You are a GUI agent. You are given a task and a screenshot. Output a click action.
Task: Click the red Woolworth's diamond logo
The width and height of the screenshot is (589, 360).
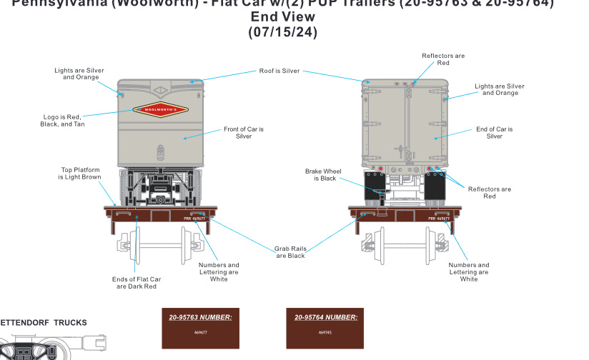[x=160, y=110]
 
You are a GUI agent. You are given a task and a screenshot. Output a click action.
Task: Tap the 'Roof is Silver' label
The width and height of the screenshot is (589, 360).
[x=279, y=71]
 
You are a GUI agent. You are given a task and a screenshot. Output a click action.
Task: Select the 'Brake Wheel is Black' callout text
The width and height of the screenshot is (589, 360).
[x=323, y=175]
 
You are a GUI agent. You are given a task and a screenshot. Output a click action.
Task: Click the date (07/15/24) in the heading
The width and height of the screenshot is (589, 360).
[x=282, y=32]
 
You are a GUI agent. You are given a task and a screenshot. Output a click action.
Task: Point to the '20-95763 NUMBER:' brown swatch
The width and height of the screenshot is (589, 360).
[x=200, y=328]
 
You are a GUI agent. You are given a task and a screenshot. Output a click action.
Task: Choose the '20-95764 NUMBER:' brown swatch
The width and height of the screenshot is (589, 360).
[x=325, y=328]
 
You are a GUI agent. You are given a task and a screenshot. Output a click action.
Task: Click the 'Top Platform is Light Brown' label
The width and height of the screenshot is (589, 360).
[x=80, y=174]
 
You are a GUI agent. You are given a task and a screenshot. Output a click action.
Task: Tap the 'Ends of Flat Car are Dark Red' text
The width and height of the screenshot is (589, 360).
[x=137, y=282]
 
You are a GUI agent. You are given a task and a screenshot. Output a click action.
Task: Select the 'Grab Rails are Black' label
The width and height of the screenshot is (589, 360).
[x=290, y=252]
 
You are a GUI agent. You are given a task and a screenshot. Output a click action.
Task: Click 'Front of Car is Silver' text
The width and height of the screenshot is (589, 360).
[x=244, y=133]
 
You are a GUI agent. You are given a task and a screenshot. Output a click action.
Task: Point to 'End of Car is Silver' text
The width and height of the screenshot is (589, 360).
[x=495, y=133]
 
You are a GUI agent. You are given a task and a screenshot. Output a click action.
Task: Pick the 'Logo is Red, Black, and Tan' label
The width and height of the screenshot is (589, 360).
[x=62, y=121]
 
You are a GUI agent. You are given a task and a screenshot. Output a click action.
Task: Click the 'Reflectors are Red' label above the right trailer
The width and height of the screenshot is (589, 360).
[x=443, y=59]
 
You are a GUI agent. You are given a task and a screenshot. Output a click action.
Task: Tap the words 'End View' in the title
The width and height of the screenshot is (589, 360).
[x=282, y=17]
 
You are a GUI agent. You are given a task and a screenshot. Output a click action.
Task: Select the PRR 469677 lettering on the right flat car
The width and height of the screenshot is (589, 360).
[x=439, y=219]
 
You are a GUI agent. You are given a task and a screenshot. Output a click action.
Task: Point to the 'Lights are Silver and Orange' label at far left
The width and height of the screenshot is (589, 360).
[x=79, y=74]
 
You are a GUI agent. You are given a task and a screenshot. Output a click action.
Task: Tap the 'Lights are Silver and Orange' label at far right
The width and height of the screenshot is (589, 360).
[x=500, y=89]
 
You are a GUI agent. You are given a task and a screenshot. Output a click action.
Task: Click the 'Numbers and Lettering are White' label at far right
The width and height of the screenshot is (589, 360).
[x=469, y=272]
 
